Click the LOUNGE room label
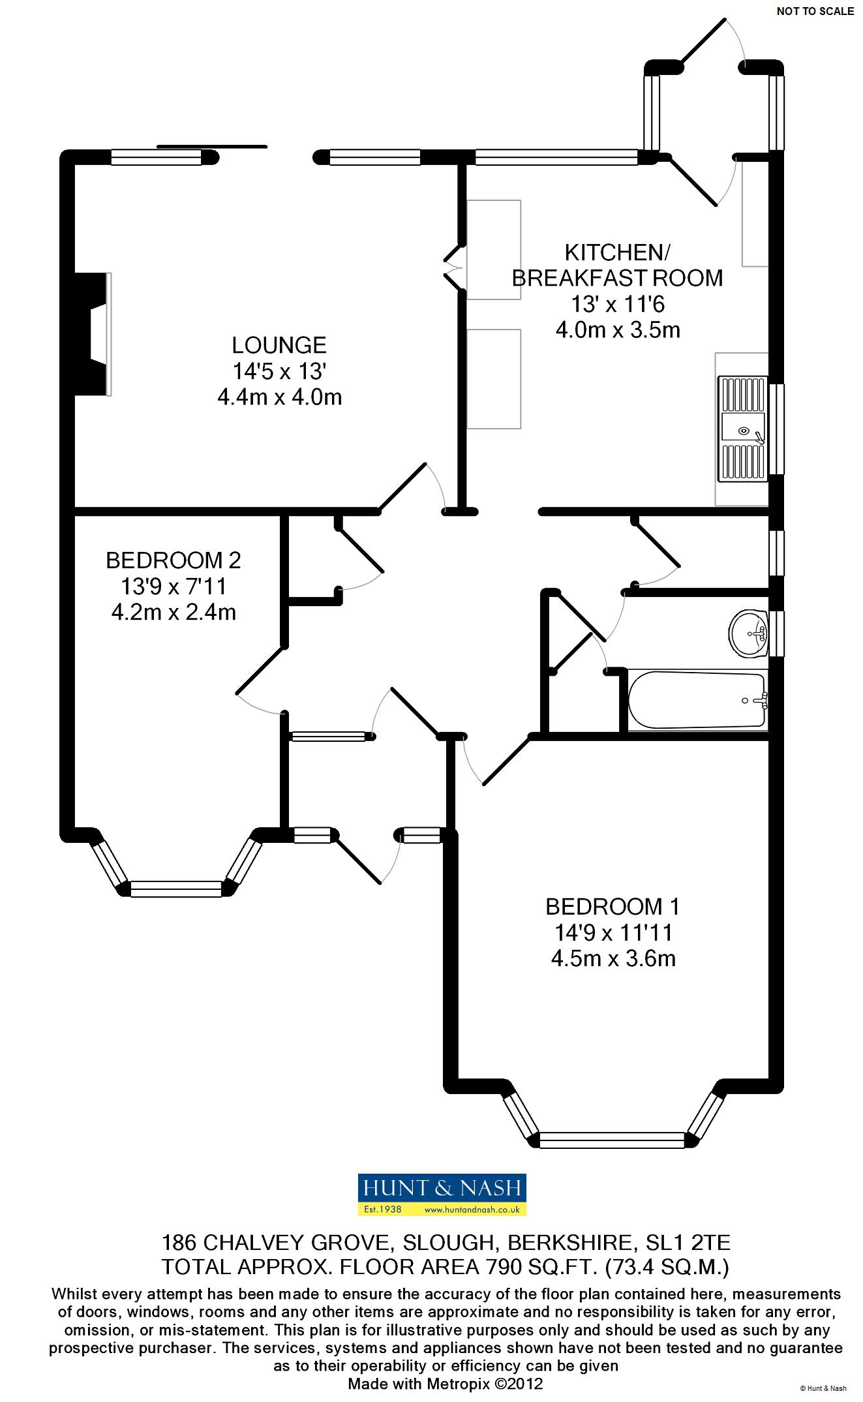coord(279,345)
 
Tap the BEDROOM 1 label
coord(612,906)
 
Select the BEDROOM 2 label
coord(173,560)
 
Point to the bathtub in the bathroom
coord(697,701)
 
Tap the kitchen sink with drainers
coord(742,429)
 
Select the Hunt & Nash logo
coord(442,1195)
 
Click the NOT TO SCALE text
coord(815,11)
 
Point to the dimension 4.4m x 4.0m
coord(279,397)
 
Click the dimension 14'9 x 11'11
coord(612,933)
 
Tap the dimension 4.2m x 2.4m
coord(173,613)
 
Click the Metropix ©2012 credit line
coord(445,1383)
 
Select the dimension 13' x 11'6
coord(617,304)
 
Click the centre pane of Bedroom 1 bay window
coord(613,1140)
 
